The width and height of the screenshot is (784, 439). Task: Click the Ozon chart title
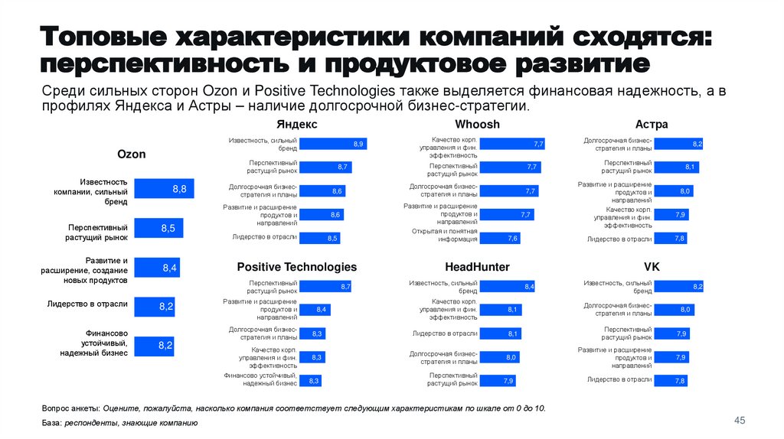[x=131, y=154]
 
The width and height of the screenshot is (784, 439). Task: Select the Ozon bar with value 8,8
[x=164, y=188]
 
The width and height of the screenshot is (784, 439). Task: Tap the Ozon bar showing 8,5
[x=158, y=228]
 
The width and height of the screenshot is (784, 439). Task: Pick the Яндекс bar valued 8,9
[x=332, y=144]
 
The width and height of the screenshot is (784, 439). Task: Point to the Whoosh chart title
[x=477, y=124]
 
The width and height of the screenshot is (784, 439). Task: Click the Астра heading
[x=652, y=124]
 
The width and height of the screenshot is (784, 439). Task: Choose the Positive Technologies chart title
[x=296, y=267]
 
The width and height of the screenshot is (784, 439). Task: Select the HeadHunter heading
[x=477, y=267]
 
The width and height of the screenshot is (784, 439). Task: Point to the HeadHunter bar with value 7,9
[x=498, y=380]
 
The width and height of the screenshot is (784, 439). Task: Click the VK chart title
[x=652, y=267]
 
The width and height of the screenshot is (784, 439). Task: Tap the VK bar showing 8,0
[x=675, y=309]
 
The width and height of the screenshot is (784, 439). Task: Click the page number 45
[x=740, y=421]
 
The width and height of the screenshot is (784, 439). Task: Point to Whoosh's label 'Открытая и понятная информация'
[x=444, y=235]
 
